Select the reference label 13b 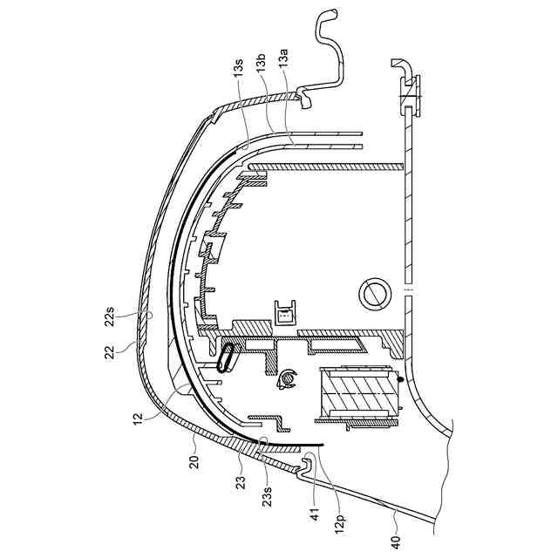[261, 65]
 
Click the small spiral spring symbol [284, 378]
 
